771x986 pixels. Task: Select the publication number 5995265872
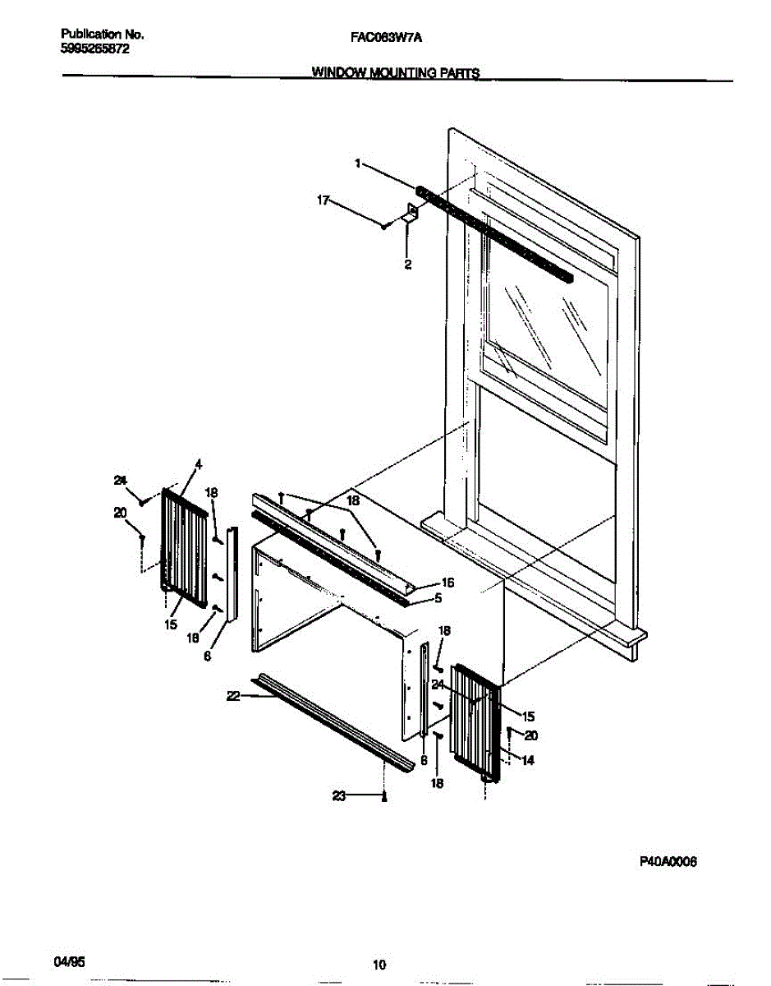[96, 48]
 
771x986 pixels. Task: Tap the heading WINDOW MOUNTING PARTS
[396, 72]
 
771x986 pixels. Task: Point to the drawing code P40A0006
[668, 862]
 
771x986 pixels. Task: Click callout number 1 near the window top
[358, 164]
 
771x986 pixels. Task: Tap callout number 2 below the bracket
[407, 265]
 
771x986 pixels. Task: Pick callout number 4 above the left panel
[197, 465]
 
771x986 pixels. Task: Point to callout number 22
[232, 696]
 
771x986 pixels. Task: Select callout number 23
[339, 795]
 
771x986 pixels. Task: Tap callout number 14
[528, 760]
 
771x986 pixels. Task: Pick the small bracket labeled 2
[411, 214]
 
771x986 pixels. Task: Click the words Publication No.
[103, 35]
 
